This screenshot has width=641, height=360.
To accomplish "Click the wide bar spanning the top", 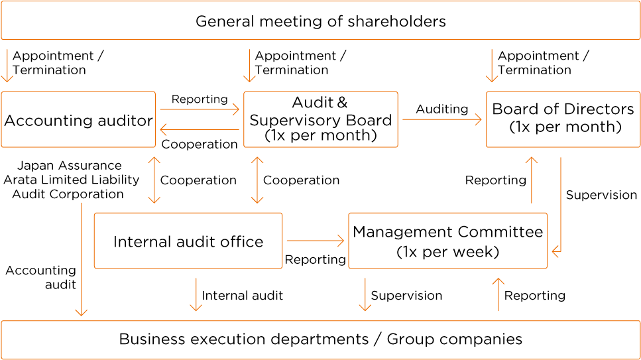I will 320,21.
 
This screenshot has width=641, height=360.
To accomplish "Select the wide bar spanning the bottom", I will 320,340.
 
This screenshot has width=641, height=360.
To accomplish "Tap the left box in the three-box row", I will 78,119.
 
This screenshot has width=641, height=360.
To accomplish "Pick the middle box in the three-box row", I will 321,119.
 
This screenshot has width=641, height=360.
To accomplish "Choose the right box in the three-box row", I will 563,119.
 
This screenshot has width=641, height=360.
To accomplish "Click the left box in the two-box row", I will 188,241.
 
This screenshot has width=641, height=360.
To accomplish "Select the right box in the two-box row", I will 447,241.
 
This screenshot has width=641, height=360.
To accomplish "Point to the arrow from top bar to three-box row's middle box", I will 249,65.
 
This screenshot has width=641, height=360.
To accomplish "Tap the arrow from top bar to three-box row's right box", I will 492,65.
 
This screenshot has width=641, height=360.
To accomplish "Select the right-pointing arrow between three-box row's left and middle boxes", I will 199,109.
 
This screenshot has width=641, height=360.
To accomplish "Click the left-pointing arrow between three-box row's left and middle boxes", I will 199,130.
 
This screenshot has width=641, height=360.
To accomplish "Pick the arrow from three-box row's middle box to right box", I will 441,119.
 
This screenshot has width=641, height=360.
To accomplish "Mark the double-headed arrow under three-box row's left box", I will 154,180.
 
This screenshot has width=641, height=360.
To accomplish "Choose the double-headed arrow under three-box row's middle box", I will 258,180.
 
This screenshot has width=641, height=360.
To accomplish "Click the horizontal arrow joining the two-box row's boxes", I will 315,241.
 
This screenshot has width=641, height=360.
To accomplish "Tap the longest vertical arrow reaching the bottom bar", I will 82,259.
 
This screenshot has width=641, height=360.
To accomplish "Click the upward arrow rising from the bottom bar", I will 498,294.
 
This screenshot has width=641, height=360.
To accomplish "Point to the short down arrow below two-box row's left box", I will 196,294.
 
